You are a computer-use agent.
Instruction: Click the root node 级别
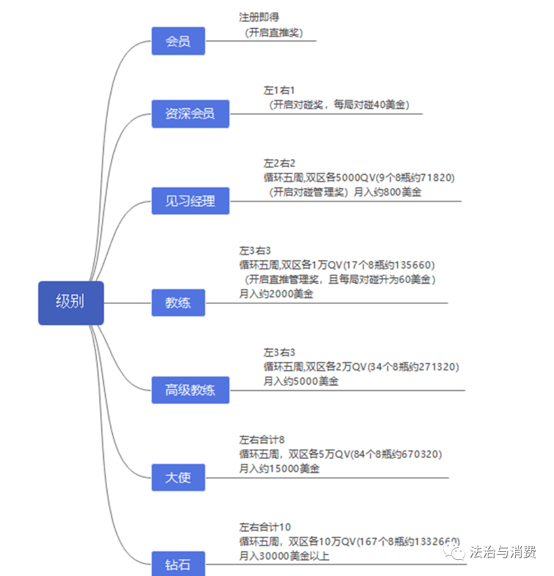click(x=71, y=303)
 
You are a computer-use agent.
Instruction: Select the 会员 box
click(x=178, y=41)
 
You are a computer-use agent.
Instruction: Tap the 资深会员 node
click(x=190, y=114)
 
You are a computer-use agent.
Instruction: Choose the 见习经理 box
click(x=190, y=201)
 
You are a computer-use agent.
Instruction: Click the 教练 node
click(x=178, y=303)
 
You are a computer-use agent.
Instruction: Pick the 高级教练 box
click(x=190, y=390)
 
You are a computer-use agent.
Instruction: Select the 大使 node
click(x=178, y=478)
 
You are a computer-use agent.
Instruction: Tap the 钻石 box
click(x=178, y=564)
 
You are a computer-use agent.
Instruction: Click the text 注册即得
click(x=259, y=17)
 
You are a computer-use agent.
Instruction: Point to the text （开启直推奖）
click(x=274, y=33)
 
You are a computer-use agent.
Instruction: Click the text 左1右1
click(x=280, y=90)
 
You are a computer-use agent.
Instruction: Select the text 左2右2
click(x=280, y=164)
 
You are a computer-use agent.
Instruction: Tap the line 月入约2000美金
click(x=276, y=293)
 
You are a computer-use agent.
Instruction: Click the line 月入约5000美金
click(x=301, y=381)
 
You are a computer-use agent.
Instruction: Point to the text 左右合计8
click(x=262, y=439)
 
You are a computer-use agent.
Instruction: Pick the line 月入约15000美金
click(x=280, y=469)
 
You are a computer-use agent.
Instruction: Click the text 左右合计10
click(x=265, y=527)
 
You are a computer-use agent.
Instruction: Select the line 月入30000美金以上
click(x=284, y=556)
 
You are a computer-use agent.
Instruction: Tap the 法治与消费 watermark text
click(x=503, y=552)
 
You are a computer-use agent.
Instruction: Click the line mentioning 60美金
click(x=338, y=279)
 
